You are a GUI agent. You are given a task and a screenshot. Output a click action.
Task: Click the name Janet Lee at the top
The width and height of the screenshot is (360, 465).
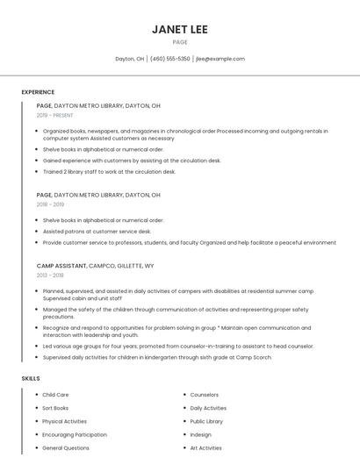(x=180, y=29)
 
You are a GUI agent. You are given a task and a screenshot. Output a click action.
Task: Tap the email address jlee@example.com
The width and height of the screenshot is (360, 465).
(x=220, y=59)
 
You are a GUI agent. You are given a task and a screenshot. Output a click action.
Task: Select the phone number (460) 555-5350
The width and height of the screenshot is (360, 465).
(x=169, y=59)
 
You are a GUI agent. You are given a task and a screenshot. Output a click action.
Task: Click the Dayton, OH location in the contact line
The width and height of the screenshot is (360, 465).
(x=129, y=59)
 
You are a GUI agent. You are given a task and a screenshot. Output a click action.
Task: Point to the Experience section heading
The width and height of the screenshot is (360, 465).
(x=38, y=92)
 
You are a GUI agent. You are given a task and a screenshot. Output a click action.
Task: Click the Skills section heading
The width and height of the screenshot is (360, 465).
(x=31, y=378)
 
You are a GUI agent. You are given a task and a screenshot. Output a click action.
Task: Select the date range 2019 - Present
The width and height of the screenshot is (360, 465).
(x=55, y=115)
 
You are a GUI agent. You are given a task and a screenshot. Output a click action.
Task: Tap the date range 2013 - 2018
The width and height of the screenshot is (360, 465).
(x=50, y=275)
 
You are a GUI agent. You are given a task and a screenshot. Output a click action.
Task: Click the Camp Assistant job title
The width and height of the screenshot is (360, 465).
(x=61, y=265)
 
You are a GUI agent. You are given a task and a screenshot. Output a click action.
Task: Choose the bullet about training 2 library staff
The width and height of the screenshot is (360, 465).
(x=109, y=172)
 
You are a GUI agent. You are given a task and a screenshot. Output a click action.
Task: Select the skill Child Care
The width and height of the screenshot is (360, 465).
(x=55, y=395)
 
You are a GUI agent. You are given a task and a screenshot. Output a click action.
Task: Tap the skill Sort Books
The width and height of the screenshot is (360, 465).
(x=55, y=408)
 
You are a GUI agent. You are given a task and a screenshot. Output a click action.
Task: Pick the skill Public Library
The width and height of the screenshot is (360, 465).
(x=206, y=421)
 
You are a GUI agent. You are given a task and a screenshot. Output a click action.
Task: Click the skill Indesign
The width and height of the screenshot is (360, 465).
(x=200, y=434)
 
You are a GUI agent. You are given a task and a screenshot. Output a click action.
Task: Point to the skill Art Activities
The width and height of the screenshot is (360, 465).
(x=205, y=447)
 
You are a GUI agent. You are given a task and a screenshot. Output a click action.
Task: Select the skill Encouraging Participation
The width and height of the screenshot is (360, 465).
(x=75, y=434)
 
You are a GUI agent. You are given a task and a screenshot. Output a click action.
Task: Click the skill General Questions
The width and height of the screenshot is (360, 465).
(x=66, y=447)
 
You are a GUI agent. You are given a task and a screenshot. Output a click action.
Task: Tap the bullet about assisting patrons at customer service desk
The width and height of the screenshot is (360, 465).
(x=97, y=232)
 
